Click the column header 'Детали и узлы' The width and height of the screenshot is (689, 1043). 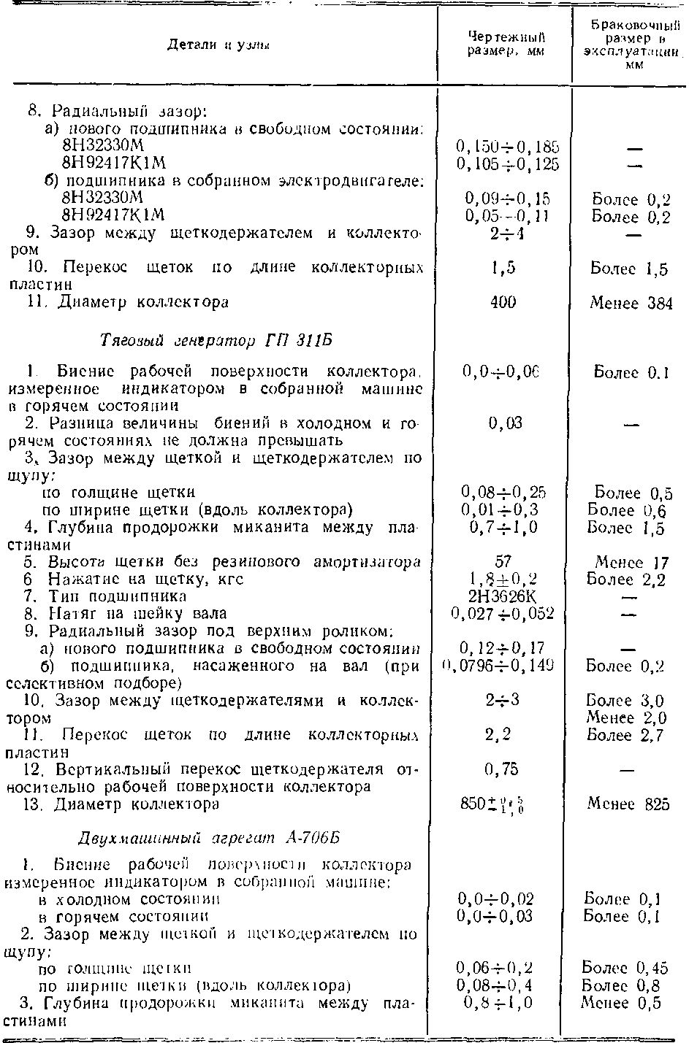click(219, 45)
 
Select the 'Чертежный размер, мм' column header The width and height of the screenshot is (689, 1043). click(506, 45)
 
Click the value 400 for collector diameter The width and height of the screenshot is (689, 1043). click(504, 301)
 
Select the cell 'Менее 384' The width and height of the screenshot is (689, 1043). click(631, 303)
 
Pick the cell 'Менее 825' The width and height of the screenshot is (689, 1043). click(628, 804)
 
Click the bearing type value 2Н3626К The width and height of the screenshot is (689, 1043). click(503, 596)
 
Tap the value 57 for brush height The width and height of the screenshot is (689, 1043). click(503, 562)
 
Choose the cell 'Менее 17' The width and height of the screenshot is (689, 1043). click(631, 563)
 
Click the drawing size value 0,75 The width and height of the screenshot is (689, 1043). click(504, 769)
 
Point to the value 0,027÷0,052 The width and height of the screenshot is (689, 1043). click(503, 614)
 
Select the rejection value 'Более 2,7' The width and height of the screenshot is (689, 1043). click(626, 735)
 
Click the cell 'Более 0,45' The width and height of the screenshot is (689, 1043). click(625, 969)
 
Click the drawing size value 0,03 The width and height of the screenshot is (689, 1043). click(504, 423)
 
